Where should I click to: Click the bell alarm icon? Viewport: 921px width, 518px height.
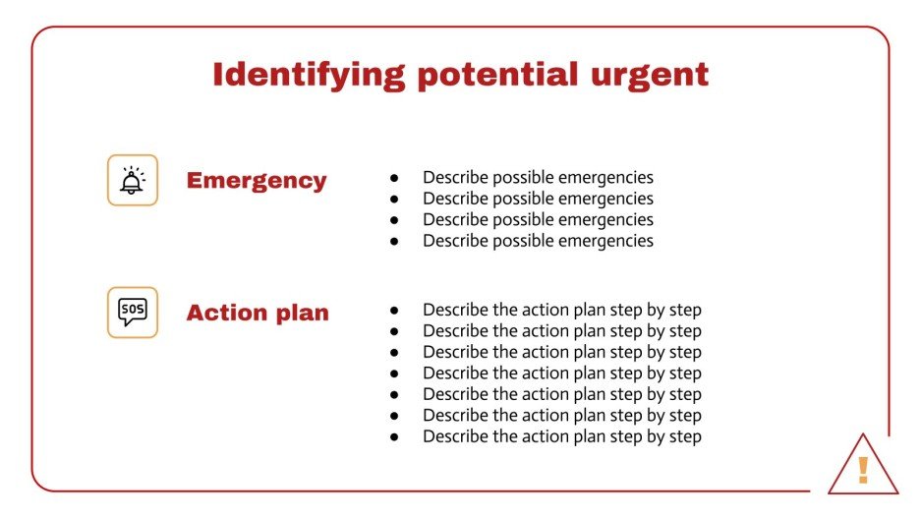coord(132,181)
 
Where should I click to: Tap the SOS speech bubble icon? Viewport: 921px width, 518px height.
coord(132,313)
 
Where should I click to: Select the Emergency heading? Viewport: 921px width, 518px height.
coord(257,181)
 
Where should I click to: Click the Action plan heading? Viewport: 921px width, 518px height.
coord(258,313)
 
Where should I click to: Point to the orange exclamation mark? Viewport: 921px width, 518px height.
coord(863,470)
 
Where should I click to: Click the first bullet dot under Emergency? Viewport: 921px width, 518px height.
coord(394,179)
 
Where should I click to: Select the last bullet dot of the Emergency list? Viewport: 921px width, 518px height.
coord(394,241)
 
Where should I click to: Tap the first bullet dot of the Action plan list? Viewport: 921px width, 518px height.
coord(394,311)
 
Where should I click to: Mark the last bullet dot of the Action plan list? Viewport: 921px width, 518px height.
coord(394,437)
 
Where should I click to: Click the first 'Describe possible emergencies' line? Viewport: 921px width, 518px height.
coord(538,178)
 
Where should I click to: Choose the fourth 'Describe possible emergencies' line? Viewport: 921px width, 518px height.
coord(538,241)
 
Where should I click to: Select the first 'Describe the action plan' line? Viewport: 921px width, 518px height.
coord(561,311)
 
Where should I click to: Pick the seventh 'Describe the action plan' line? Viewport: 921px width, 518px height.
coord(561,437)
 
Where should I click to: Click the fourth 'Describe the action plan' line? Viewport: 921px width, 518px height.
coord(561,374)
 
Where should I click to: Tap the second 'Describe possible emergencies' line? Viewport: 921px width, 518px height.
coord(538,199)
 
